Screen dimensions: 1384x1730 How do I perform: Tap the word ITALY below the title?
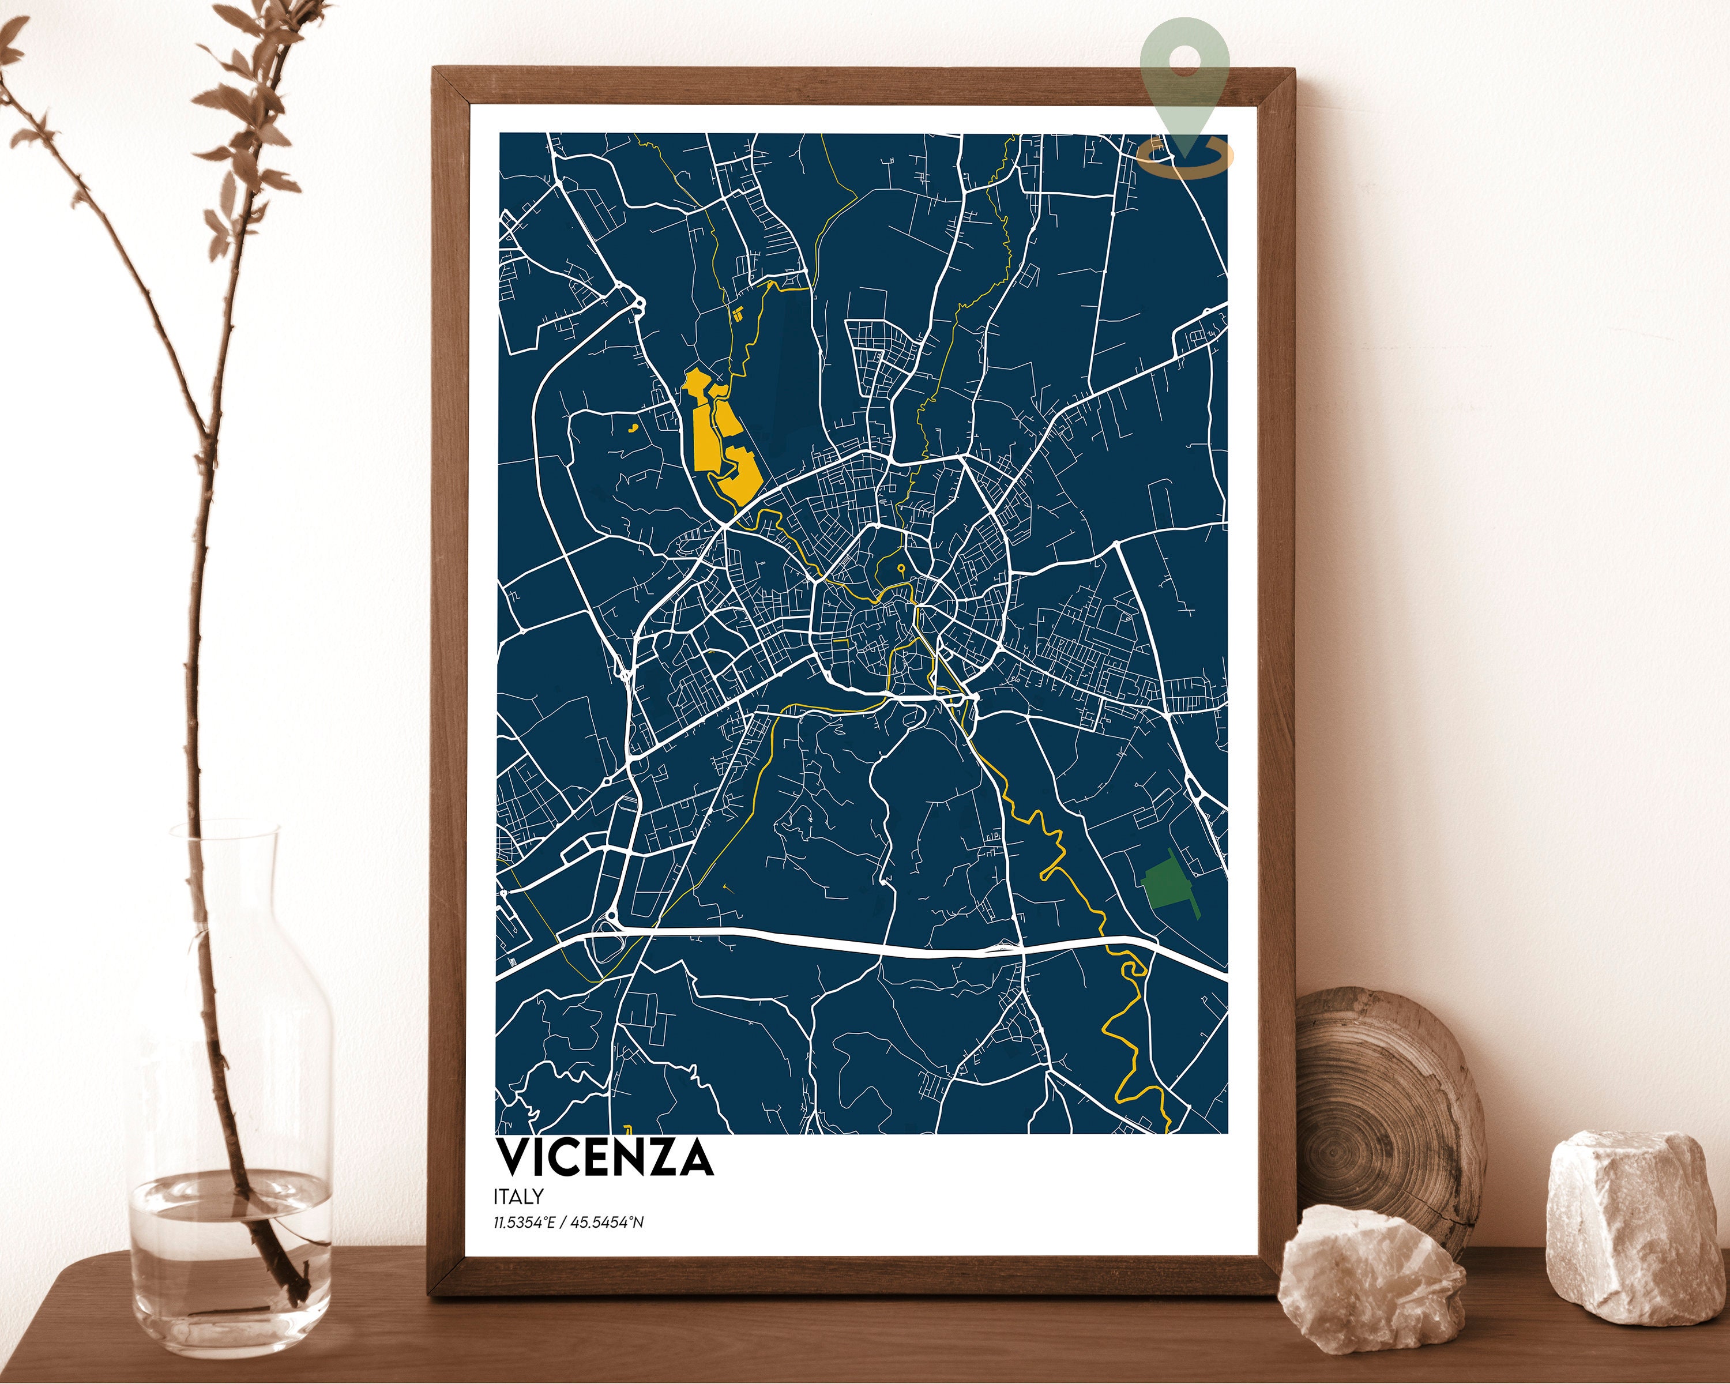519,1196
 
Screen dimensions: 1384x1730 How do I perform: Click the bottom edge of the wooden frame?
802,1284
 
